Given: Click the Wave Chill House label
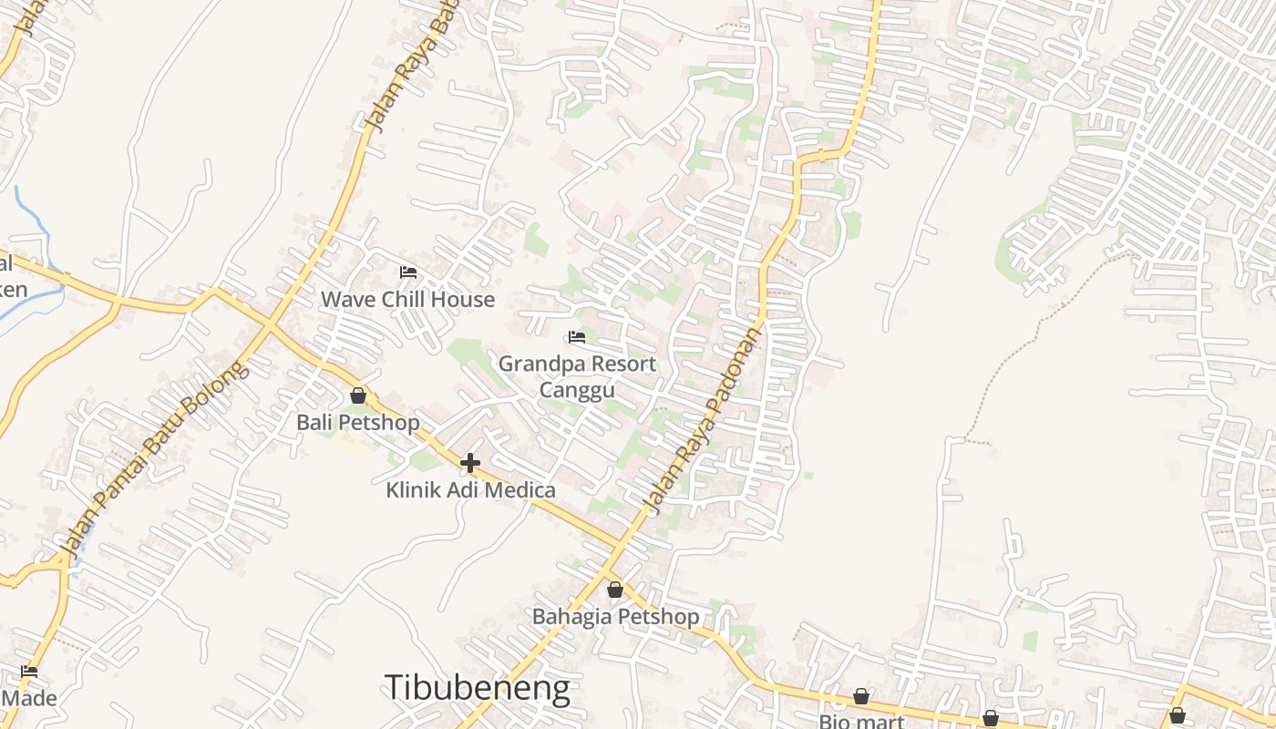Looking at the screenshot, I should click(407, 299).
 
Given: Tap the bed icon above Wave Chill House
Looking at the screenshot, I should click(407, 272).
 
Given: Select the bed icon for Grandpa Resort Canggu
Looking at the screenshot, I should click(576, 337).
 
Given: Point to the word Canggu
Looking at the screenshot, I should click(577, 390).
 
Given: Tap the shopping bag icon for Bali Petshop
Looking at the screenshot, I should click(358, 395).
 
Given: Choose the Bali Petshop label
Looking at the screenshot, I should click(358, 423).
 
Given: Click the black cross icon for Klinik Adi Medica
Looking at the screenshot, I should click(469, 463).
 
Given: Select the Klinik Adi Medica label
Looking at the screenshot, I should click(470, 490).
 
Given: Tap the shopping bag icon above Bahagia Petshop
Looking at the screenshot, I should click(615, 590).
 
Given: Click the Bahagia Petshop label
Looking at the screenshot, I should click(615, 617).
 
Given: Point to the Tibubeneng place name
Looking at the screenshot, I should click(478, 687).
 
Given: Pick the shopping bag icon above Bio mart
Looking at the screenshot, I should click(860, 697).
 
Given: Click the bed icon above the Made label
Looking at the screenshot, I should click(29, 672).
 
